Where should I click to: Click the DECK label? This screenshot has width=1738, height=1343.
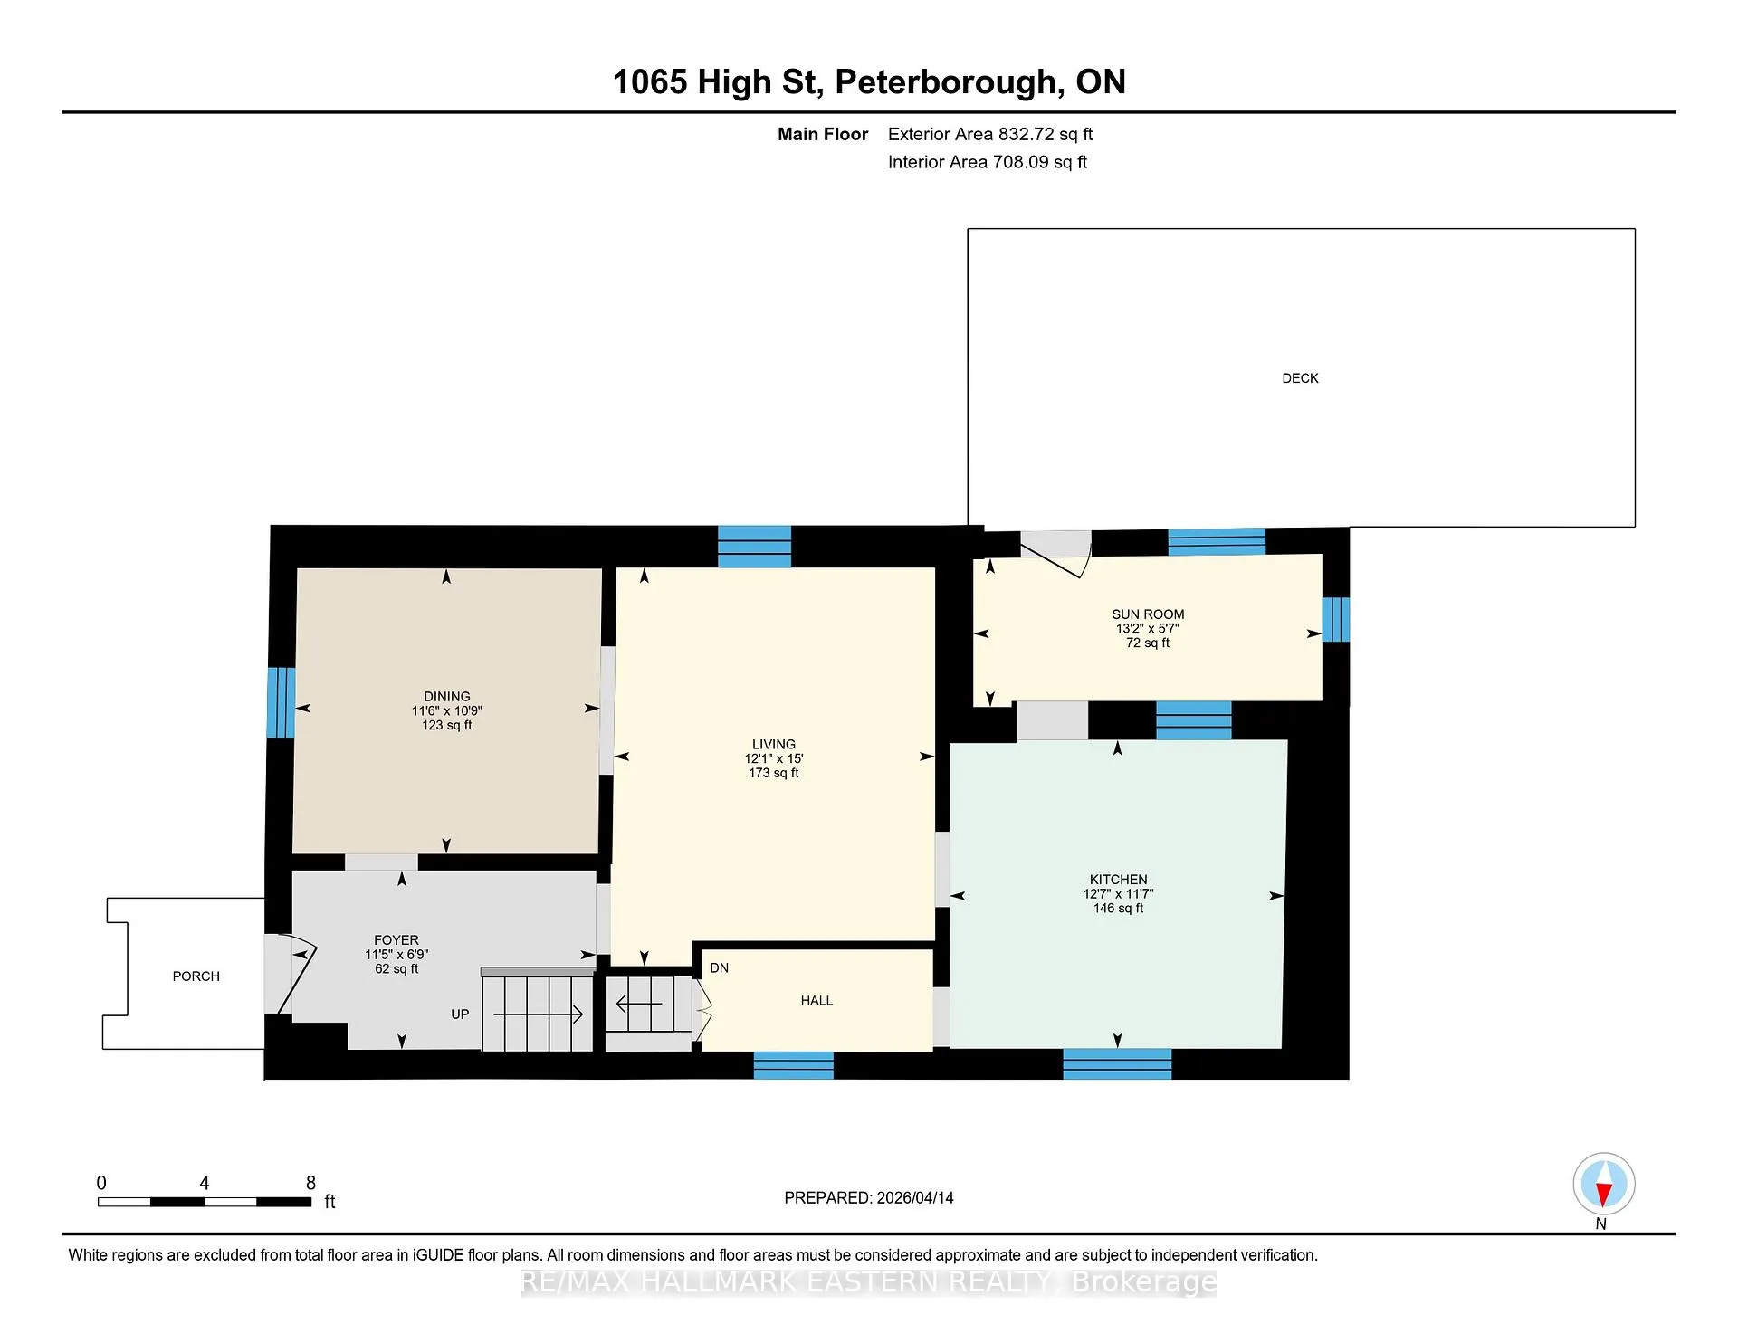coord(1300,378)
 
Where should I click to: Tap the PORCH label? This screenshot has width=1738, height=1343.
coord(196,976)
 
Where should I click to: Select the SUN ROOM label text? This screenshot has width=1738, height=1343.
coord(1148,614)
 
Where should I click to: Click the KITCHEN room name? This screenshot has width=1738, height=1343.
coord(1118,880)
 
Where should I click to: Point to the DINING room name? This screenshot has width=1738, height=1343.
coord(447,697)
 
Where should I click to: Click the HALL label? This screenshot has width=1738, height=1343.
coord(816,1001)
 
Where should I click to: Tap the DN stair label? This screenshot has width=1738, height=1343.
coord(720,968)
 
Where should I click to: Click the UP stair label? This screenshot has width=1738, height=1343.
coord(460,1014)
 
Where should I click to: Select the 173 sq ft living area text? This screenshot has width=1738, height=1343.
coord(774,773)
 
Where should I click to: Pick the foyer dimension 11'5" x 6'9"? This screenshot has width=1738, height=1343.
coord(396,955)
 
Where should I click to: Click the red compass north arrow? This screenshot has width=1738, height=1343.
coord(1603,1195)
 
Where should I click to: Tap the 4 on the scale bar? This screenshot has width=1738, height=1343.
coord(205,1183)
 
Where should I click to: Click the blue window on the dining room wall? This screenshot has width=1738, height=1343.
coord(281,703)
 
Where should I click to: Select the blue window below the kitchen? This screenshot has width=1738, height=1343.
coord(1117,1063)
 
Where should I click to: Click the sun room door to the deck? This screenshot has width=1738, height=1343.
coord(1056,554)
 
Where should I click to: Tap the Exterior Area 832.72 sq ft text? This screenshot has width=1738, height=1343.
coord(990,134)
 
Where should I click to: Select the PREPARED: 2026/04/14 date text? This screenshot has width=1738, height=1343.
coord(869,1197)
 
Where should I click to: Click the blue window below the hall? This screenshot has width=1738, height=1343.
coord(794,1065)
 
